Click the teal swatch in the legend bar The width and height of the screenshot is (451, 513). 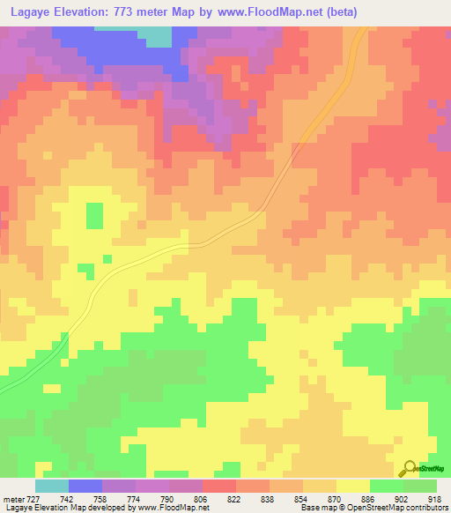51,486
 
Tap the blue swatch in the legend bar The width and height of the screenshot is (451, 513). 85,486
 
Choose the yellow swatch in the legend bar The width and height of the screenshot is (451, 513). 352,486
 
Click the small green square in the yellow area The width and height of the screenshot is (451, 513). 93,214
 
